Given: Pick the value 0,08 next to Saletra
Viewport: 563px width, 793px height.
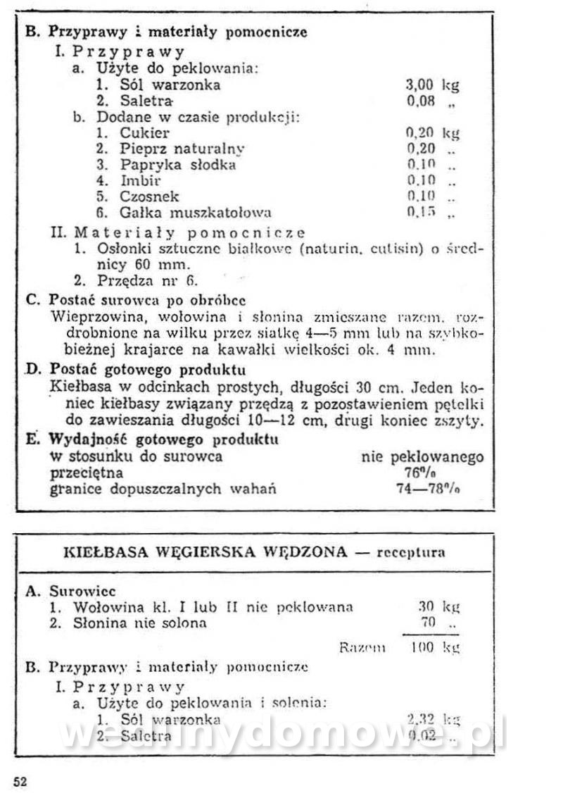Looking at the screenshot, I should [422, 101].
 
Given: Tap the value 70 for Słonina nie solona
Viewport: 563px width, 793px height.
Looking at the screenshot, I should [427, 622].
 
